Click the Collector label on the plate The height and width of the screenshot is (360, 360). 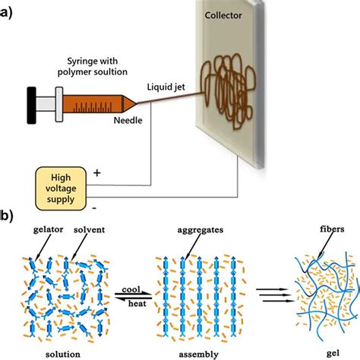point(223,15)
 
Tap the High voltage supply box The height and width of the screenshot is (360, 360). point(61,188)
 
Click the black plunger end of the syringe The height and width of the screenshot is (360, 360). point(32,106)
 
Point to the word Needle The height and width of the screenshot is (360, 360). point(128,120)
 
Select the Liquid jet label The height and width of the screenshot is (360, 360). point(166,87)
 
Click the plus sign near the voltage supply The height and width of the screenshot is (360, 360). point(97,173)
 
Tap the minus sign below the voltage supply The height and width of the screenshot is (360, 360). point(94,208)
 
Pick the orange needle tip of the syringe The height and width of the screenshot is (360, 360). point(129,103)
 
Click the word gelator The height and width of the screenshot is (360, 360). point(49,230)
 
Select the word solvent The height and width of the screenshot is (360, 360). point(89,229)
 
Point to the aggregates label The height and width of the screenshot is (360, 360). point(201,230)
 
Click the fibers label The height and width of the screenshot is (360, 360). point(332,229)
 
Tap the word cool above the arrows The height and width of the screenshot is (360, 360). point(131,289)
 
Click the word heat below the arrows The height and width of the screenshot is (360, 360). point(137,303)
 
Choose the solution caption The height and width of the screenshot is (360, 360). point(63,354)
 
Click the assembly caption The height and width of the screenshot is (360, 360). point(198,355)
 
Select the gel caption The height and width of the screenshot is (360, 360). point(333,353)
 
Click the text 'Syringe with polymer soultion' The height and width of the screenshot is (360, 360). point(93,67)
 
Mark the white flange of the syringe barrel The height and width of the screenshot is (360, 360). point(59,105)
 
